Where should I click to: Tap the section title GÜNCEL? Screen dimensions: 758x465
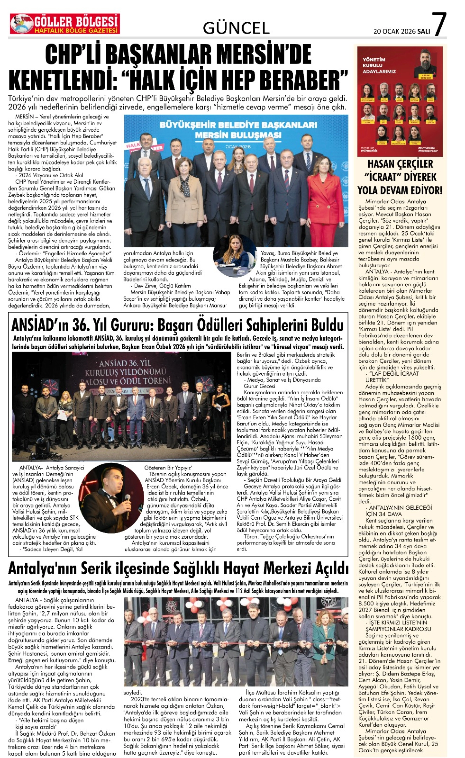click(x=236, y=29)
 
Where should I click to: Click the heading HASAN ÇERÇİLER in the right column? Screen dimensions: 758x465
click(x=400, y=164)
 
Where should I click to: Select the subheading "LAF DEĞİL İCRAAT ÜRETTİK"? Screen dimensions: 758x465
click(x=392, y=377)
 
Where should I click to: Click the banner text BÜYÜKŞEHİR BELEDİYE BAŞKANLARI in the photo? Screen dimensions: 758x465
click(x=238, y=125)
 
